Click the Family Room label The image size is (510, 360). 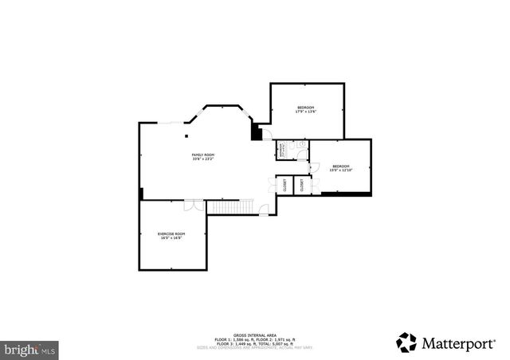pyautogui.click(x=203, y=157)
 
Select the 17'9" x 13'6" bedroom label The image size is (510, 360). pyautogui.click(x=306, y=110)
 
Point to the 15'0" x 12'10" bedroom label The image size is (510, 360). pyautogui.click(x=341, y=167)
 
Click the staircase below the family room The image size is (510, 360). pyautogui.click(x=231, y=207)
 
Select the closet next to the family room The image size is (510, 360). pyautogui.click(x=283, y=185)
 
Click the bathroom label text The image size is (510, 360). pyautogui.click(x=281, y=150)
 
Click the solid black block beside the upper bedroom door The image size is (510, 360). pyautogui.click(x=256, y=132)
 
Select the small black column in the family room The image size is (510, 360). pyautogui.click(x=141, y=194)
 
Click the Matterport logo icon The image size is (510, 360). pyautogui.click(x=406, y=342)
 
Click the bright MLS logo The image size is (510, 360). pyautogui.click(x=30, y=348)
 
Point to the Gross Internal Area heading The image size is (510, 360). pyautogui.click(x=254, y=335)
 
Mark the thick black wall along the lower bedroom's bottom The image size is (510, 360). pyautogui.click(x=346, y=192)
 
